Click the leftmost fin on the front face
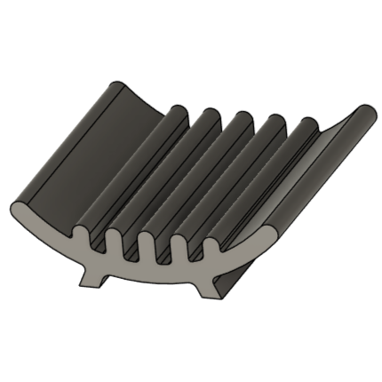click(x=83, y=236)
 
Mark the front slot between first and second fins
click(x=99, y=244)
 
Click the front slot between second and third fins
click(x=130, y=250)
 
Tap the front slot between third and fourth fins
click(x=161, y=252)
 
